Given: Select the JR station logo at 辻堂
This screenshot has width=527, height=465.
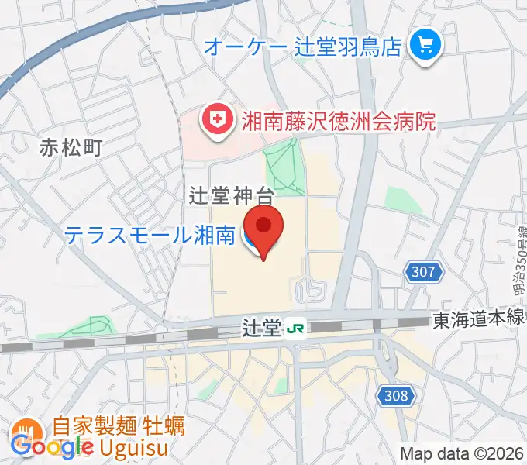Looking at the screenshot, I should click(x=294, y=329).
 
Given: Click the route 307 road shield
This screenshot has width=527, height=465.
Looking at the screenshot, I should click(x=423, y=272).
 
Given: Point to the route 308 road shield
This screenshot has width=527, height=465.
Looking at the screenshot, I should click(x=394, y=396).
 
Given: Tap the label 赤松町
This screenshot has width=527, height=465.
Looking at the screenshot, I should click(x=71, y=147).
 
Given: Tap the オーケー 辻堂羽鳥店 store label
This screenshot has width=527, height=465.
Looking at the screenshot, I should click(x=302, y=46).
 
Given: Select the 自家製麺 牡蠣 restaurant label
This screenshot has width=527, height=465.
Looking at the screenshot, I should click(x=119, y=427).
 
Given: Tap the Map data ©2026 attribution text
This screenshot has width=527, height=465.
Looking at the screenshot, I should click(x=460, y=453).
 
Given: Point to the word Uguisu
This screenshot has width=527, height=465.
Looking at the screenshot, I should click(x=149, y=448).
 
